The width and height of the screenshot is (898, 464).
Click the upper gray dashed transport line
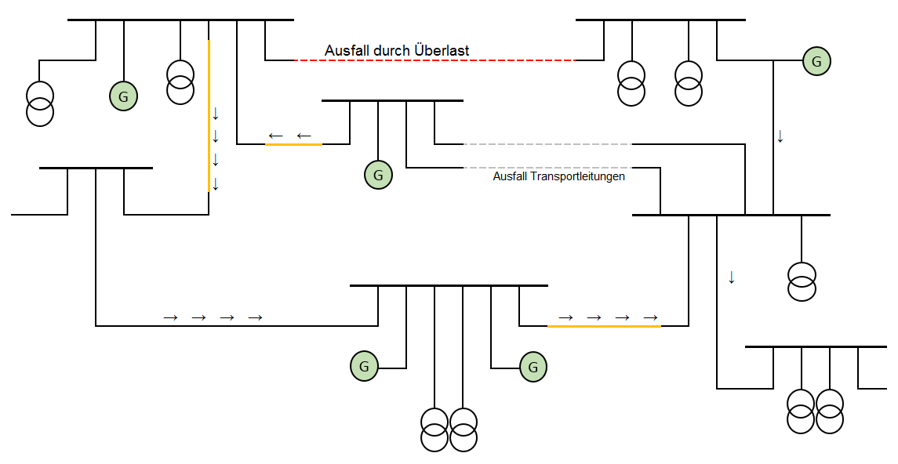pos(547,144)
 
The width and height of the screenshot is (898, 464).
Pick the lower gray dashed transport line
pos(547,168)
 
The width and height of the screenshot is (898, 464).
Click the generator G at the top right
pos(816,60)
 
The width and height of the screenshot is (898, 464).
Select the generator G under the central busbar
pos(378,175)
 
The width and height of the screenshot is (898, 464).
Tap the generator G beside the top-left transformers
pos(123,96)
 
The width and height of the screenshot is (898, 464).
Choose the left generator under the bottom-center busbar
pos(364,366)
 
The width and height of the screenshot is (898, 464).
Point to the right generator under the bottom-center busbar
pos(533,366)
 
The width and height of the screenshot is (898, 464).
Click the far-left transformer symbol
pos(40,103)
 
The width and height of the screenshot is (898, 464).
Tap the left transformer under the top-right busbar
pos(631,83)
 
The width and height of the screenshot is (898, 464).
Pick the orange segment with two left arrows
pos(293,144)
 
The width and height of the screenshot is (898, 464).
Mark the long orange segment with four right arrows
pos(604,325)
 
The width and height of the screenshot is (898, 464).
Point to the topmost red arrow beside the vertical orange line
pos(216,114)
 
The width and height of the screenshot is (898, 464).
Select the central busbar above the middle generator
pos(392,100)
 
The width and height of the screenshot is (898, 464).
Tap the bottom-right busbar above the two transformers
pos(816,346)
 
